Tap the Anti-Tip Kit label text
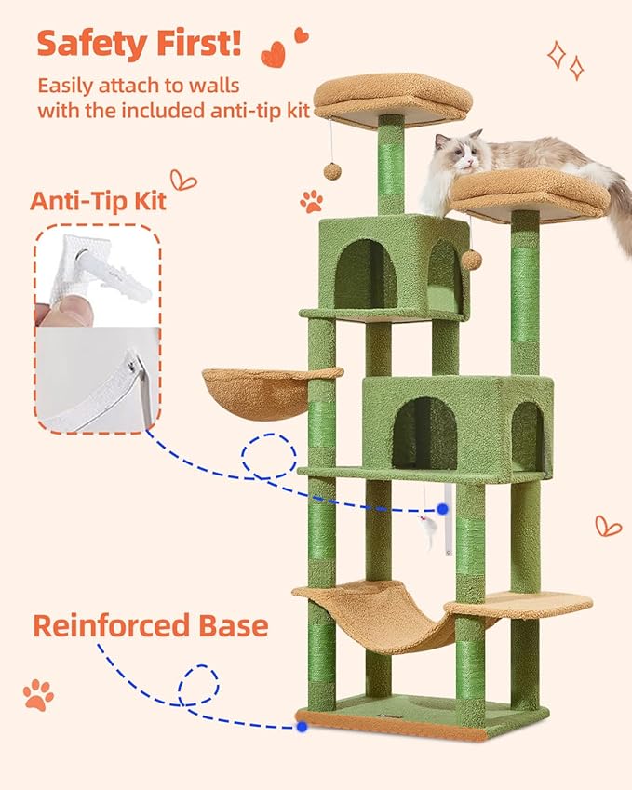[98, 200]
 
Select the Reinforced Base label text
[150, 624]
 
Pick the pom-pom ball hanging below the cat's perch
[472, 260]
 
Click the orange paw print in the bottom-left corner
[38, 694]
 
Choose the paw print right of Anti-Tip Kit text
[311, 200]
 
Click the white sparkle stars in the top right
[566, 58]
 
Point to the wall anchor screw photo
[97, 276]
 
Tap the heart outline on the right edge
[608, 526]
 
